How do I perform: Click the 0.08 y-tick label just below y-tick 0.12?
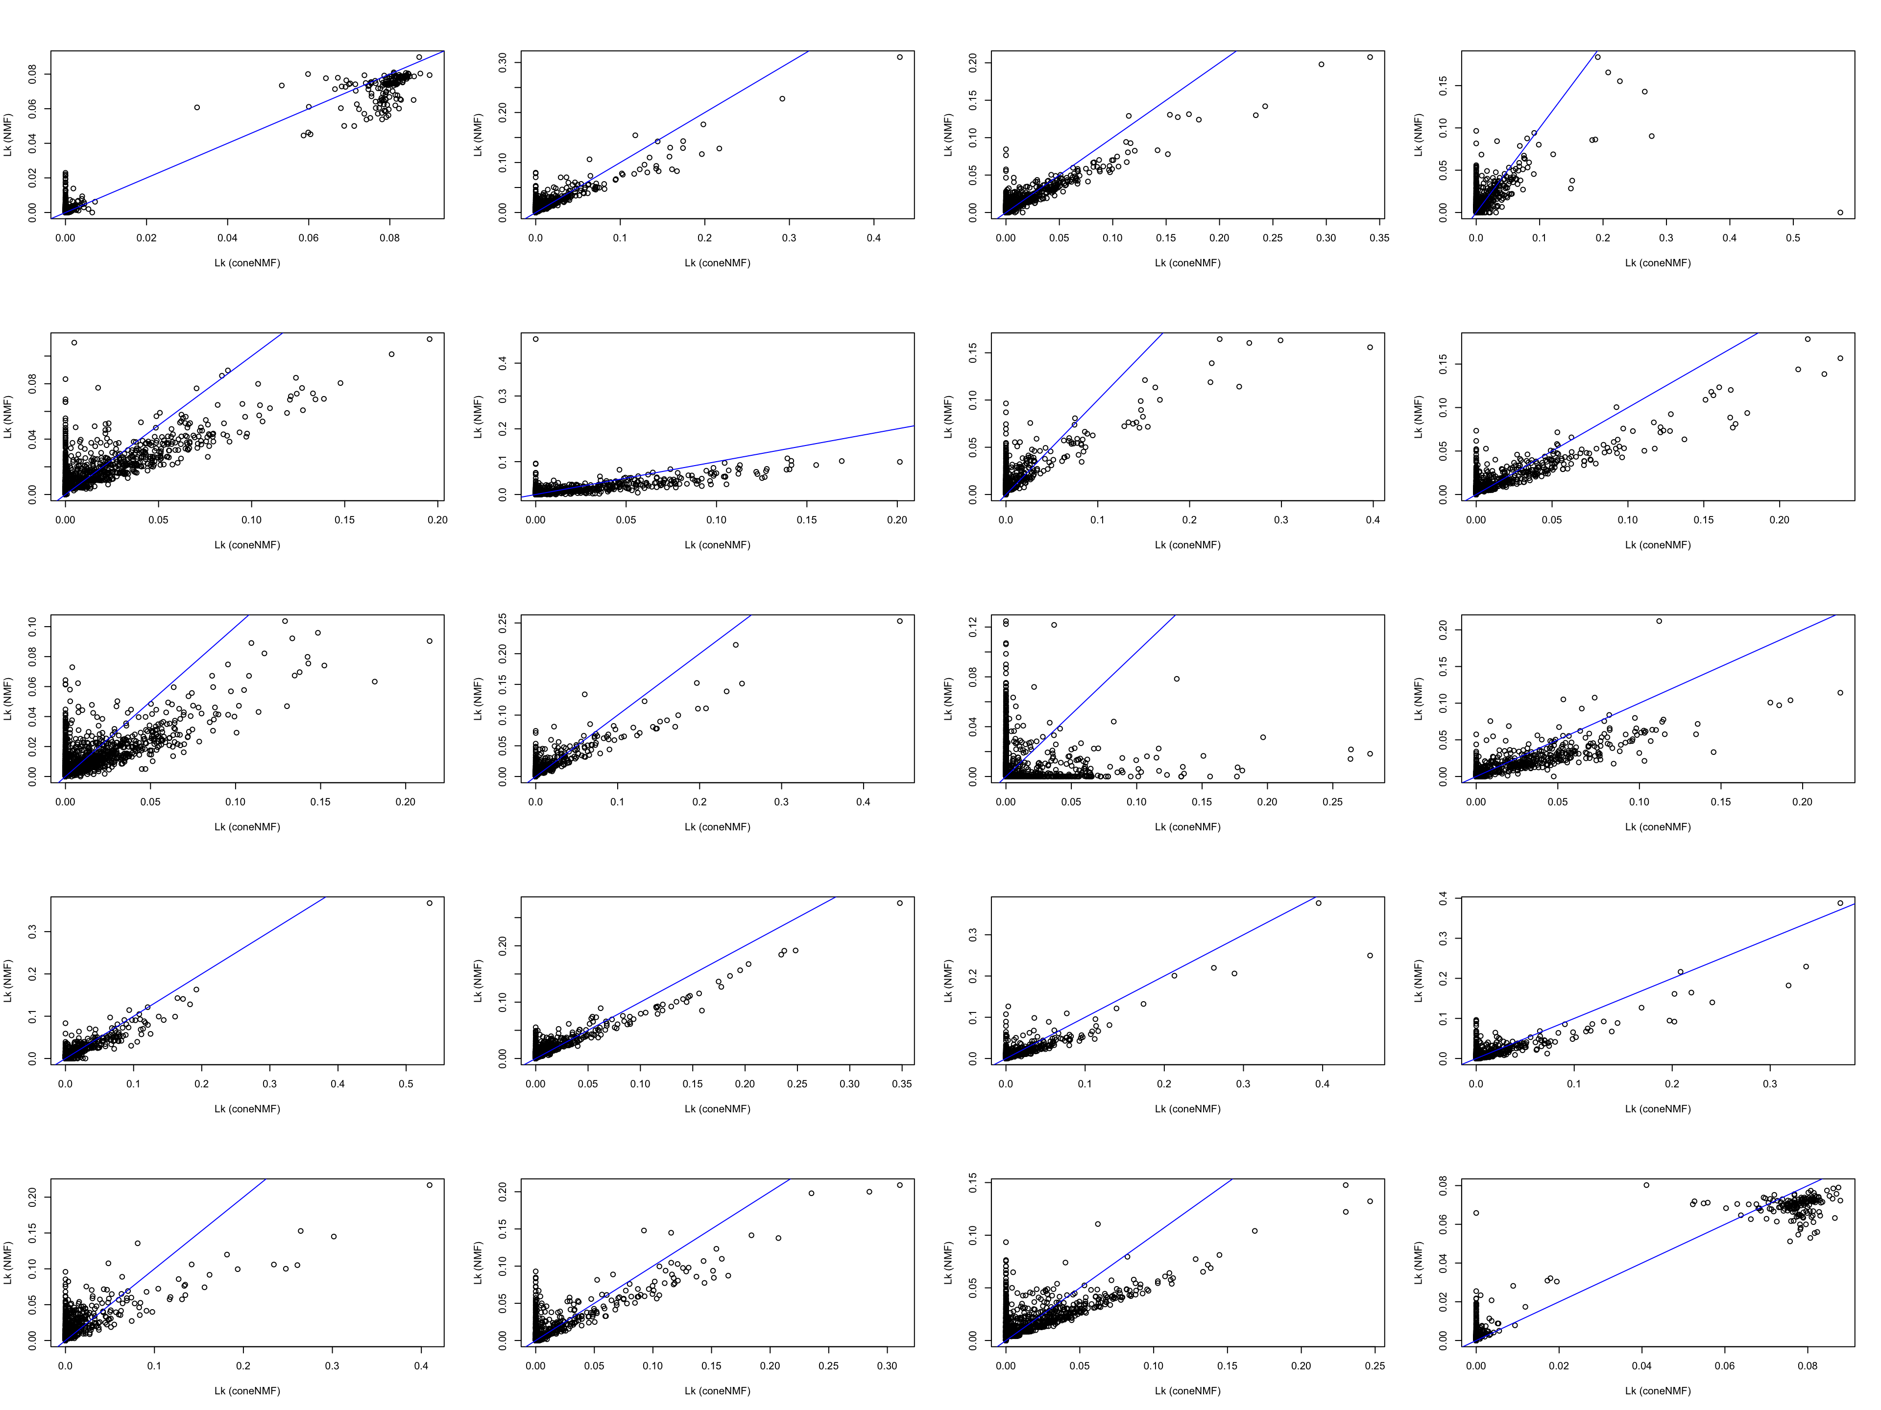[973, 678]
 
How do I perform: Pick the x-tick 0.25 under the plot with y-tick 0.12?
[1332, 801]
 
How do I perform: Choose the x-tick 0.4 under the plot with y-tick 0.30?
[873, 238]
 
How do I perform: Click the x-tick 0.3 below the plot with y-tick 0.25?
[781, 801]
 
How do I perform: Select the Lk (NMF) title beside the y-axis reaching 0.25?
[478, 699]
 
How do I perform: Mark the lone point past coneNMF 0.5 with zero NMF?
[1840, 212]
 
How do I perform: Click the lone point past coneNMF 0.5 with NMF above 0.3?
[430, 903]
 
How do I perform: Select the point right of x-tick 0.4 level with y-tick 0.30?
[900, 57]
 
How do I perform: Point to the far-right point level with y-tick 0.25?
[900, 621]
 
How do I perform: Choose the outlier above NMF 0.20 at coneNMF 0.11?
[1659, 621]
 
